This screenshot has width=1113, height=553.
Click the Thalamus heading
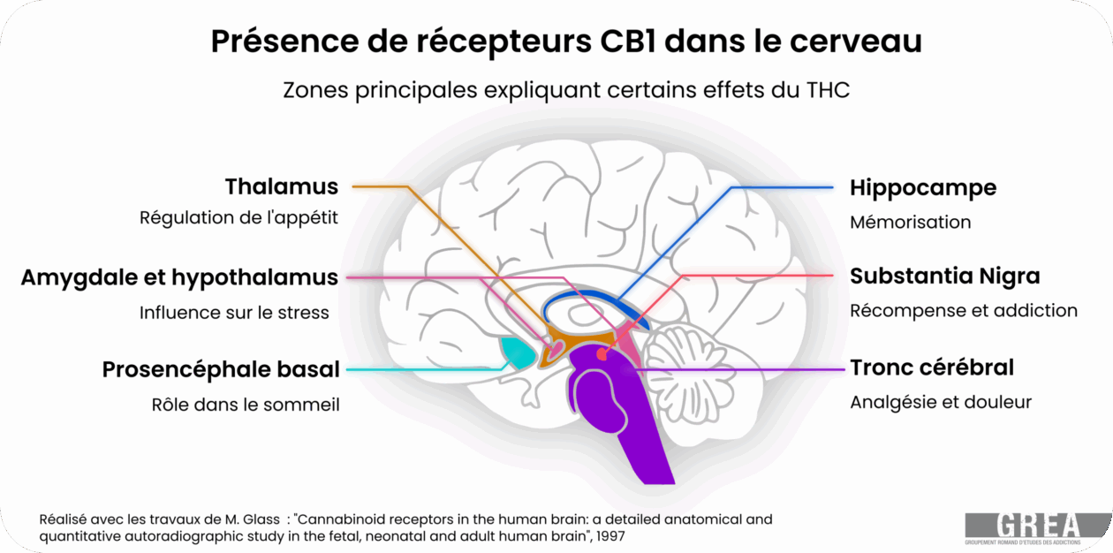282,187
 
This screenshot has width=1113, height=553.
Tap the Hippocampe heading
923,188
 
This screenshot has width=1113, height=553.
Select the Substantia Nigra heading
944,276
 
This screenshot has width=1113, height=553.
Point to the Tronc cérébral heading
932,367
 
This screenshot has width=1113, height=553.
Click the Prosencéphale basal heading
220,369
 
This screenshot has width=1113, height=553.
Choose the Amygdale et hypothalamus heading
179,277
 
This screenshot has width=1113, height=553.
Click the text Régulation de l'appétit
238,217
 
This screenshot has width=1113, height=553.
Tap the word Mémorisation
910,222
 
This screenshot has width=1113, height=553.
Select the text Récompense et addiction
964,311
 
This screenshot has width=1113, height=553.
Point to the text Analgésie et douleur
941,402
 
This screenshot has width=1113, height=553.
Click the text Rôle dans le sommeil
246,404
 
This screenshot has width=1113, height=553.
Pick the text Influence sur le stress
234,313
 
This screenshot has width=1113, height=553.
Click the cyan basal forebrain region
517,352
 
